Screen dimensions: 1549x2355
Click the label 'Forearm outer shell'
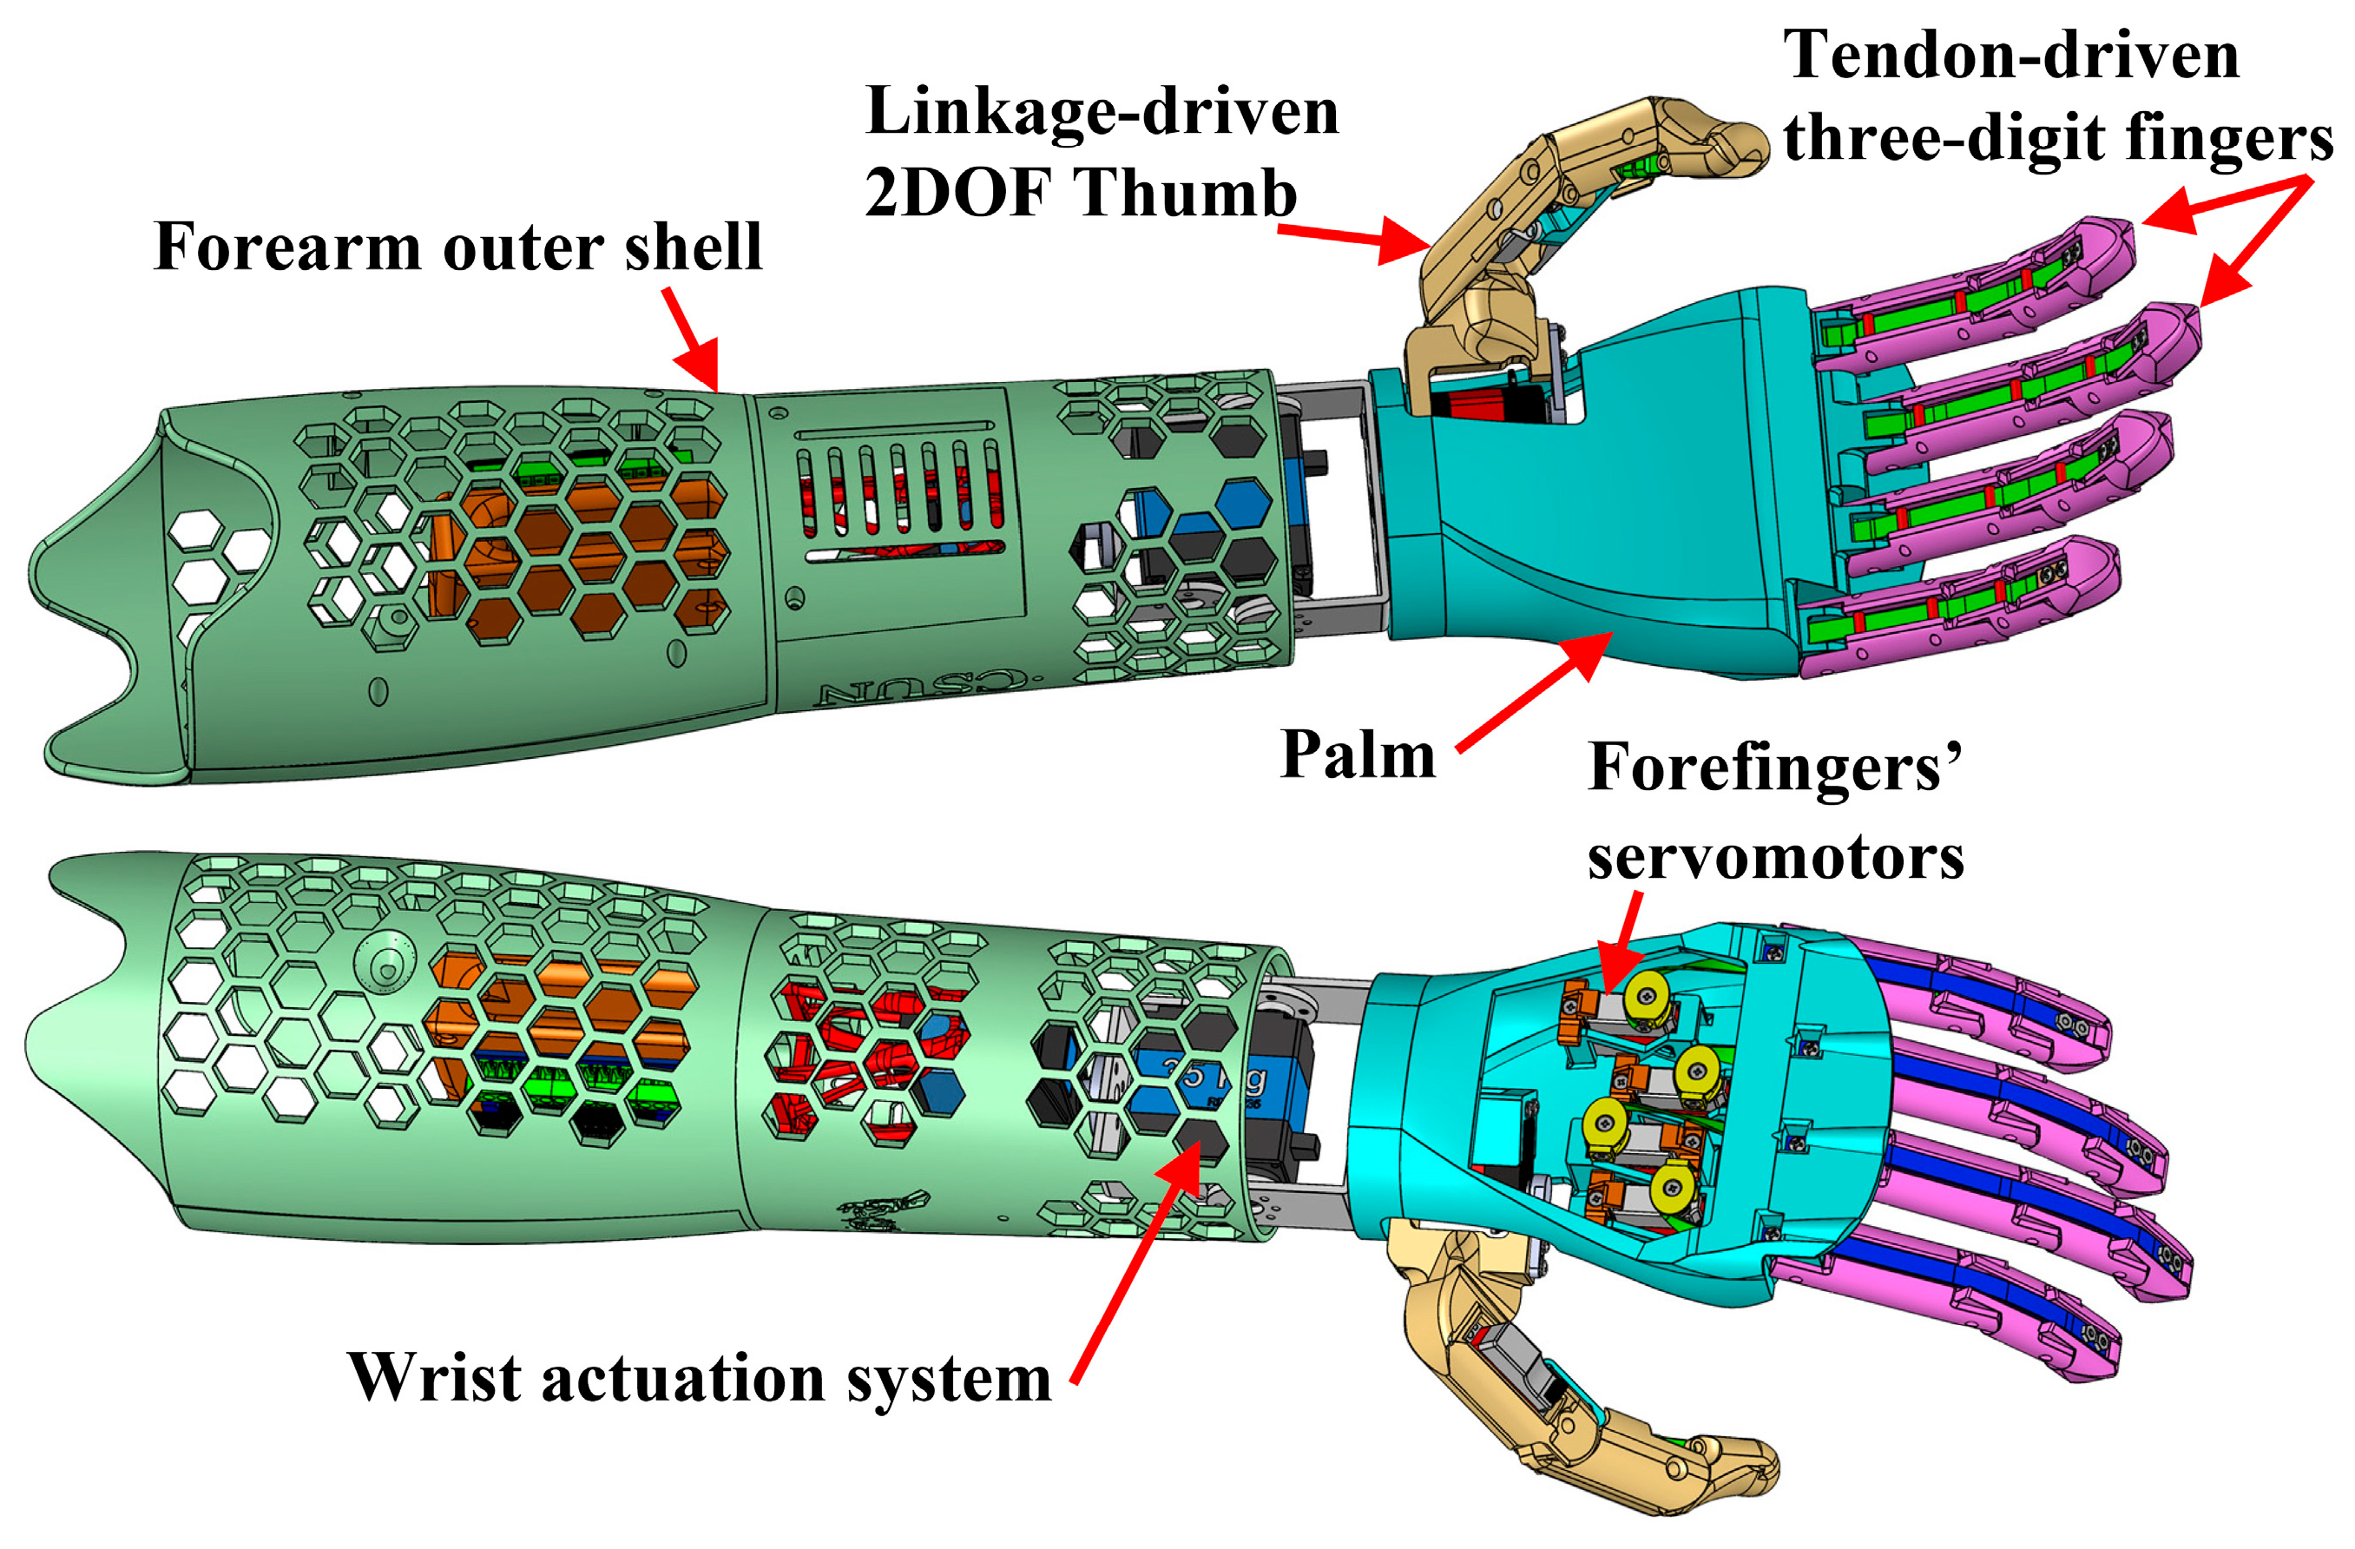(x=457, y=247)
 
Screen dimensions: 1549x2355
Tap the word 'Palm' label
(x=1357, y=755)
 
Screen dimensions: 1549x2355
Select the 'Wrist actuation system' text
(x=699, y=1378)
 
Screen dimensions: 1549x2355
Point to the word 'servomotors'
(x=1775, y=857)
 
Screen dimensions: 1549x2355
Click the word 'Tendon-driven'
(x=2010, y=56)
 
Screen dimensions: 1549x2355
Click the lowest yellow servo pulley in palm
(x=1670, y=1190)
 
